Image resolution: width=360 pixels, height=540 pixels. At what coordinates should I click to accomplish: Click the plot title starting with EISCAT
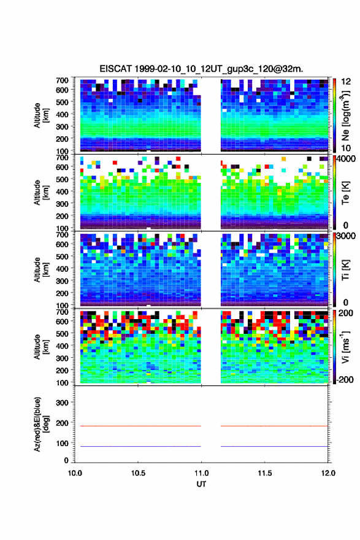(x=201, y=69)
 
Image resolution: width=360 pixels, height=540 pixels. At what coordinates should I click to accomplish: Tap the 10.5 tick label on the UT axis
(x=137, y=473)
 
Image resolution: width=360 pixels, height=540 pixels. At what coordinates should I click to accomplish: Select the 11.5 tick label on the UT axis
(x=264, y=473)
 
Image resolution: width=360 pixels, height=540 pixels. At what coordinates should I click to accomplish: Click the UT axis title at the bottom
(x=201, y=484)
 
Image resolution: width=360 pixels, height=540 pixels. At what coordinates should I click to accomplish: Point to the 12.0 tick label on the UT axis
(x=328, y=473)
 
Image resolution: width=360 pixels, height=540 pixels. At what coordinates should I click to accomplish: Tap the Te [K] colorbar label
(x=345, y=193)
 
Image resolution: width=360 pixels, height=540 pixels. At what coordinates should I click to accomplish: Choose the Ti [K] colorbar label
(x=345, y=269)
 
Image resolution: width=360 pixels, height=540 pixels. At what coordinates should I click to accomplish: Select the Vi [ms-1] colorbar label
(x=345, y=347)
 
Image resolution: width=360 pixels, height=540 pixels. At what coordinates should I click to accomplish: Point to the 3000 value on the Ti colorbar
(x=346, y=236)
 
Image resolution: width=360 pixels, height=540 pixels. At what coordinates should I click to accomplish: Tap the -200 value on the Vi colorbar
(x=344, y=379)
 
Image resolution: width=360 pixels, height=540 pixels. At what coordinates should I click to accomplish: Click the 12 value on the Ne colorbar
(x=346, y=82)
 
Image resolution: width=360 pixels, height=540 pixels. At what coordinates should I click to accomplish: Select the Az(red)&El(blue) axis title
(x=42, y=424)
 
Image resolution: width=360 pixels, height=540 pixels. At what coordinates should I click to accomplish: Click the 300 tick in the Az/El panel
(x=62, y=403)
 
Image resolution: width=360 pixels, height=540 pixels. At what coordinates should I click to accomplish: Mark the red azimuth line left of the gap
(x=140, y=426)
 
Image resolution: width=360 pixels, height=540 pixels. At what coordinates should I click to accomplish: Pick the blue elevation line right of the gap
(x=274, y=446)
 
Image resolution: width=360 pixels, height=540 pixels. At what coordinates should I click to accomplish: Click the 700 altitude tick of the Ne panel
(x=62, y=80)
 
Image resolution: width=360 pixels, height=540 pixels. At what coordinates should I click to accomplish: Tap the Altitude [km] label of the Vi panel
(x=42, y=347)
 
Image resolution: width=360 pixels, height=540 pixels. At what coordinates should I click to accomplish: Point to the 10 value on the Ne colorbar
(x=346, y=148)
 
